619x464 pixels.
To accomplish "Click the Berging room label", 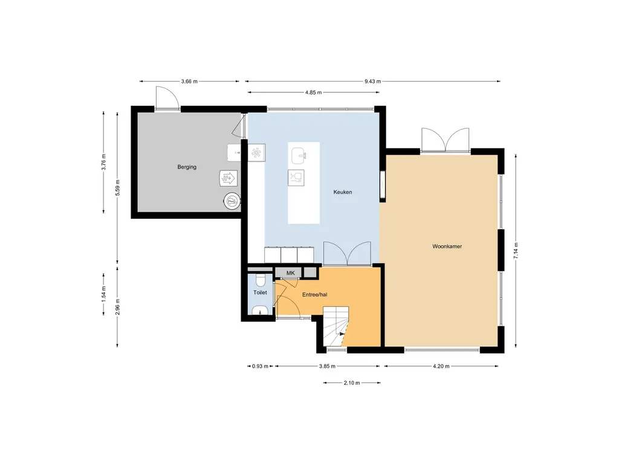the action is [x=187, y=167].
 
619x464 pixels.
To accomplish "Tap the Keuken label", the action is [x=343, y=192].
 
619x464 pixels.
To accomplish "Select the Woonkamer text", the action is [x=447, y=246].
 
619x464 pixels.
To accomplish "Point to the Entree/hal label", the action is [x=314, y=294].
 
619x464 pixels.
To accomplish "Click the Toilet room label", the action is [x=260, y=292].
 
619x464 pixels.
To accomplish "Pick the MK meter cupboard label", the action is [x=291, y=273].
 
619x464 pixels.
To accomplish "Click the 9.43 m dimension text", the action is [x=372, y=82].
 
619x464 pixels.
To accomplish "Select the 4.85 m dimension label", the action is [x=314, y=92].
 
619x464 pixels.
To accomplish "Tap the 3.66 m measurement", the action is [x=189, y=82].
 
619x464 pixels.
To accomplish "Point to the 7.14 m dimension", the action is [x=516, y=251].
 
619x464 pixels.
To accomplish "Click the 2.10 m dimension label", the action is [x=352, y=382].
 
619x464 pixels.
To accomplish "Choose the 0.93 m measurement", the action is [x=260, y=366].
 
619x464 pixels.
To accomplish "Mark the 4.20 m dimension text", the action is [x=441, y=366].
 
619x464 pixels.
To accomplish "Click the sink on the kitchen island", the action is [x=299, y=155].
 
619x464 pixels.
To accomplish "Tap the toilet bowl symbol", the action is [x=260, y=280].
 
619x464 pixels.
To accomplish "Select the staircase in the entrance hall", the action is [x=336, y=326].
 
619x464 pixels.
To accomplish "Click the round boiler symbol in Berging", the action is [x=232, y=202].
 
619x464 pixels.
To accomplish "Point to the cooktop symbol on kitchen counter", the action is [x=256, y=153].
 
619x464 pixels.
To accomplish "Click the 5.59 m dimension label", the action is [x=117, y=188].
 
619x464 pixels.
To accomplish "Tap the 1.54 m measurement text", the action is [x=103, y=294].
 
